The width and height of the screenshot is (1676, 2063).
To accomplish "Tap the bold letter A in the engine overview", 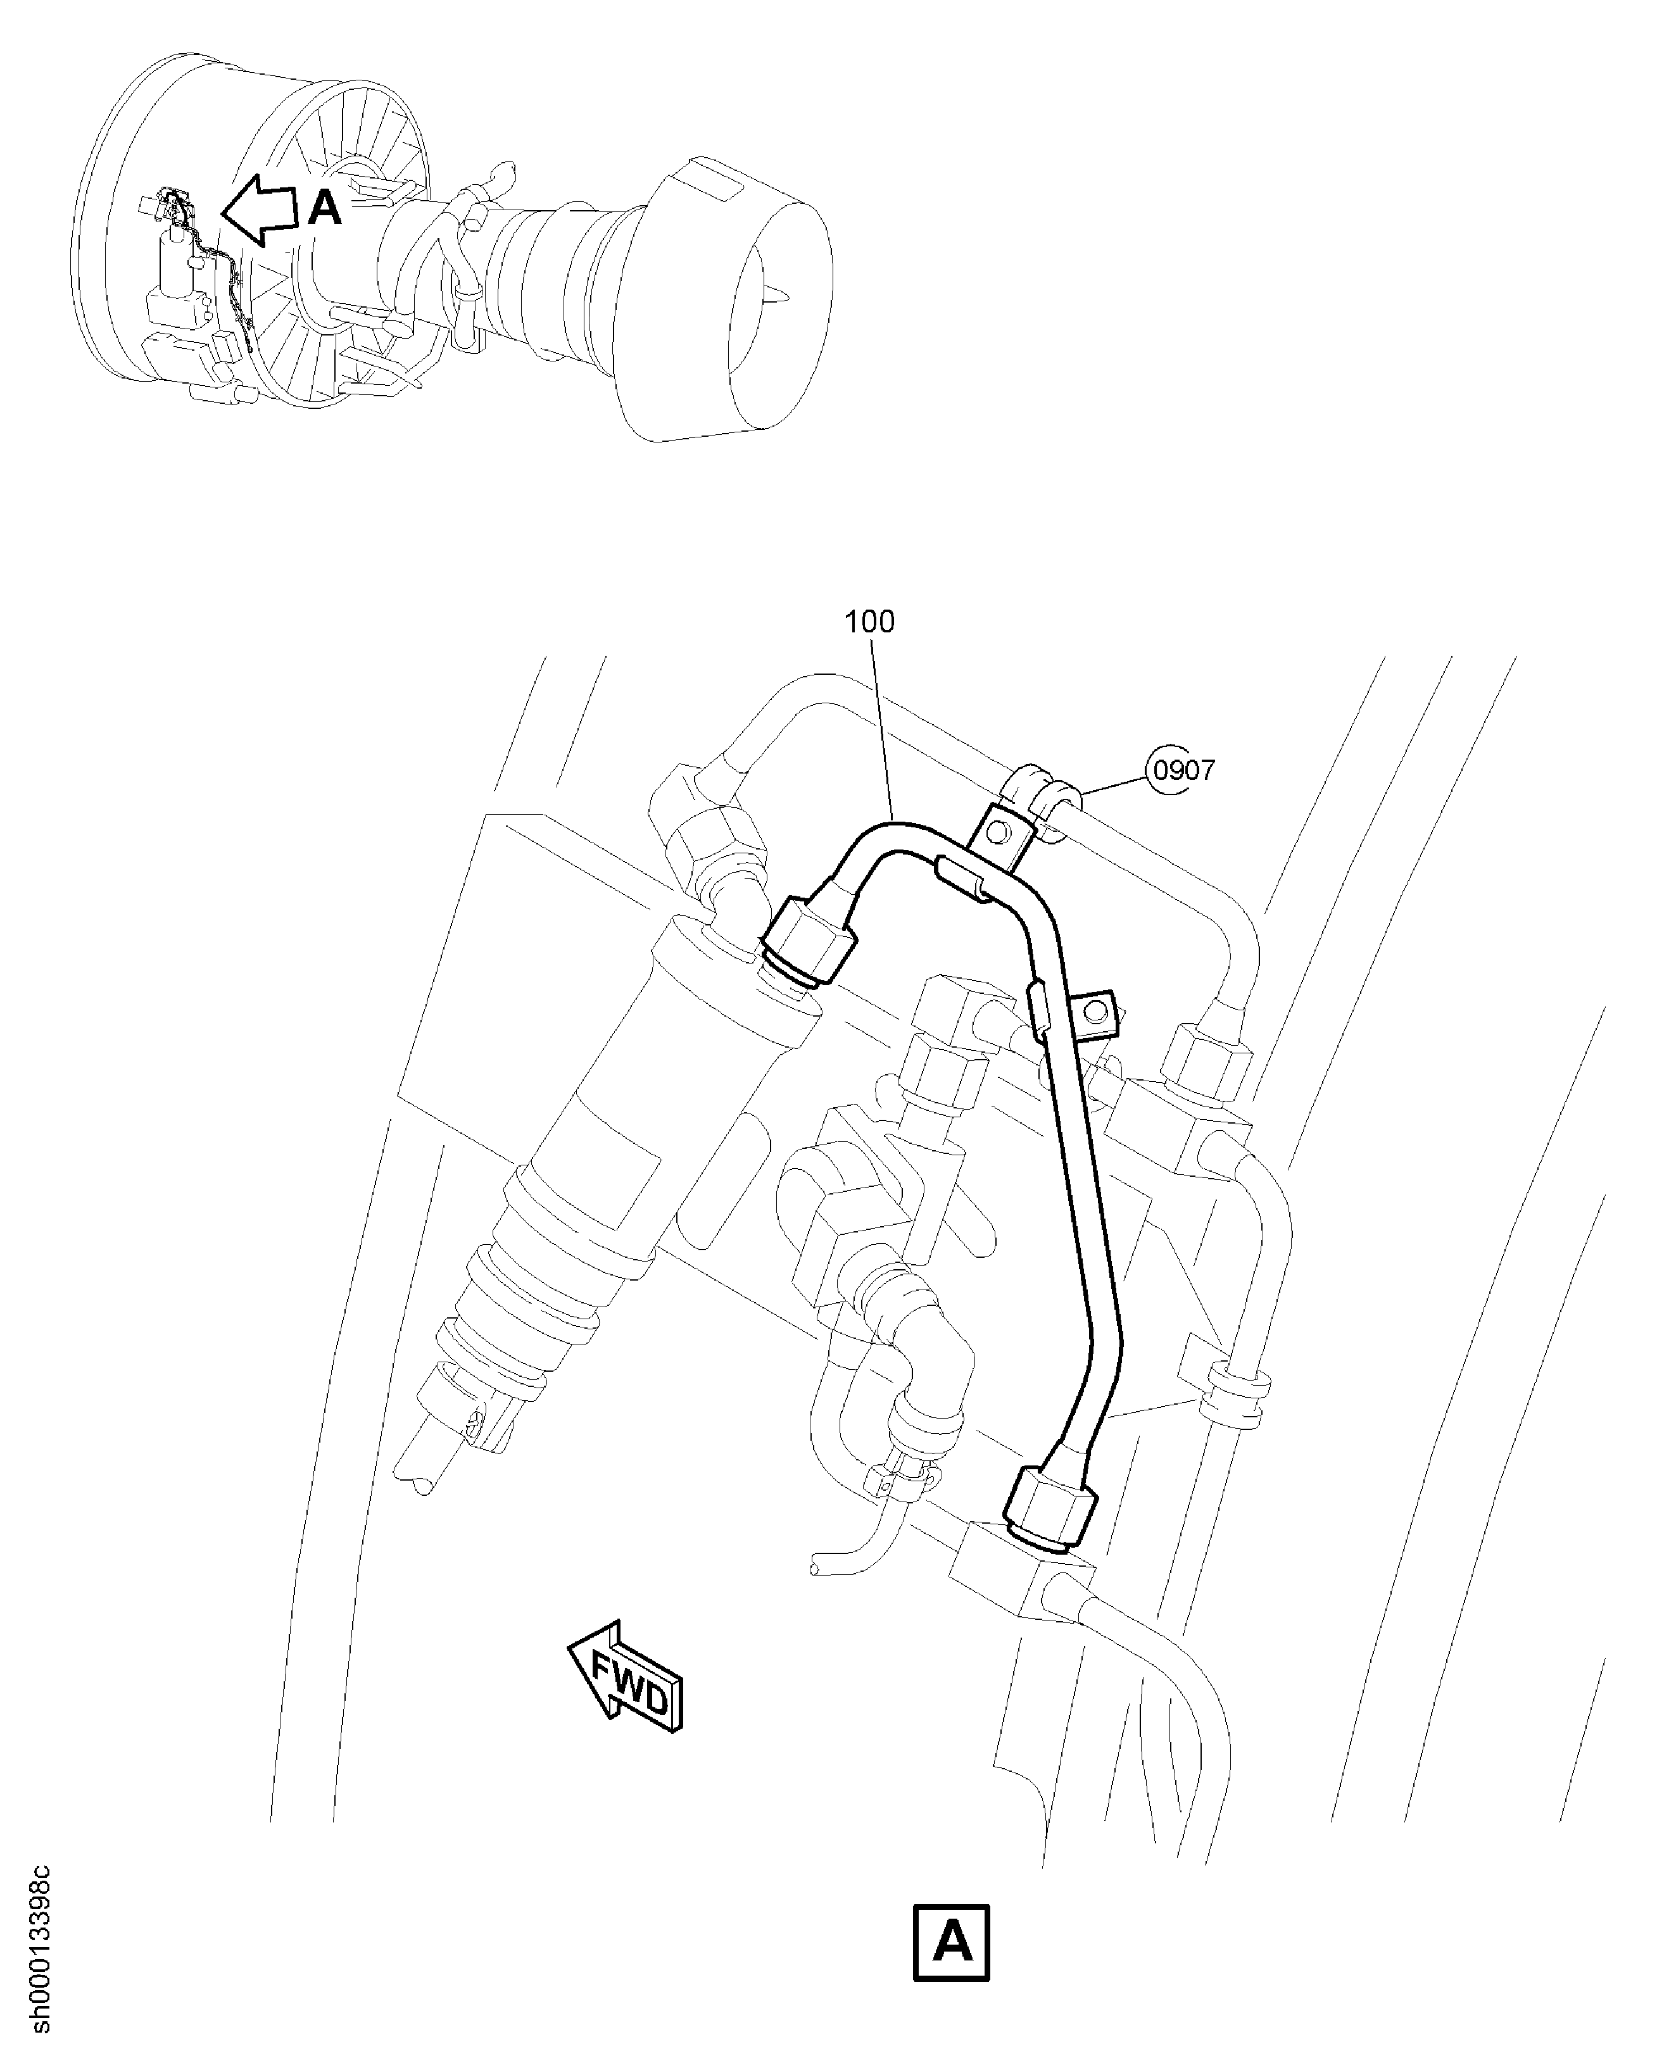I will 325,208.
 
